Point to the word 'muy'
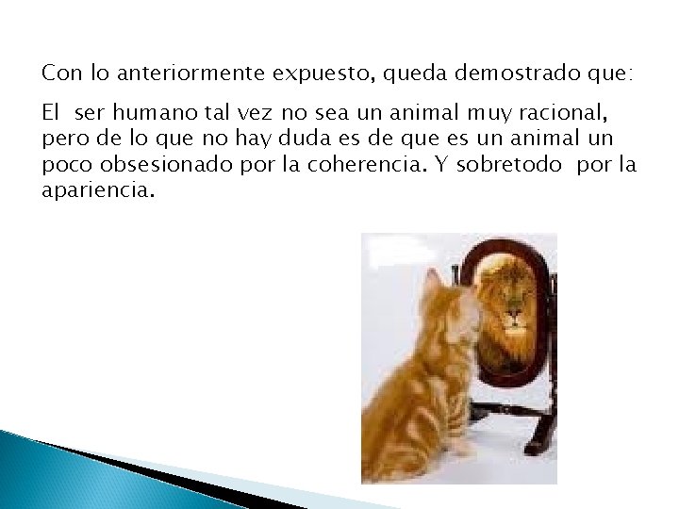tap(488, 114)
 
